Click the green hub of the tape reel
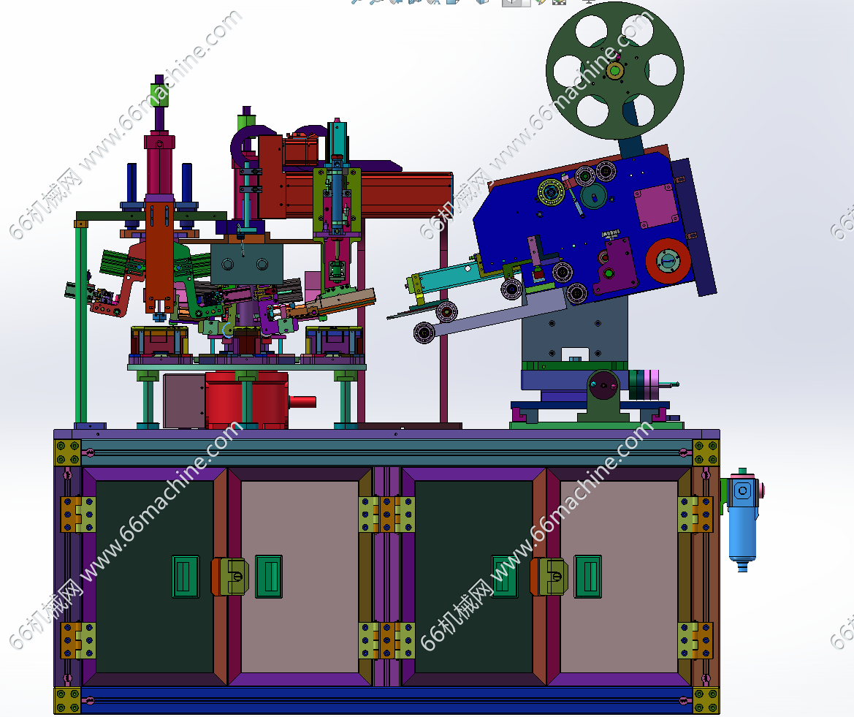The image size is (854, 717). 615,71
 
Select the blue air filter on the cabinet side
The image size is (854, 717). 742,520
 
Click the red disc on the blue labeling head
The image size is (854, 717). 668,260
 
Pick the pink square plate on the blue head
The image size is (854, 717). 655,206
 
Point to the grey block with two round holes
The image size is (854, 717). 247,265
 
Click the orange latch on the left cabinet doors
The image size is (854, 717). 230,577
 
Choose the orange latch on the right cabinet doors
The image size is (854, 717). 549,577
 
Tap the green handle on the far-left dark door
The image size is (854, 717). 186,577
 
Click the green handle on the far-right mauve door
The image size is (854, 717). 588,577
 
